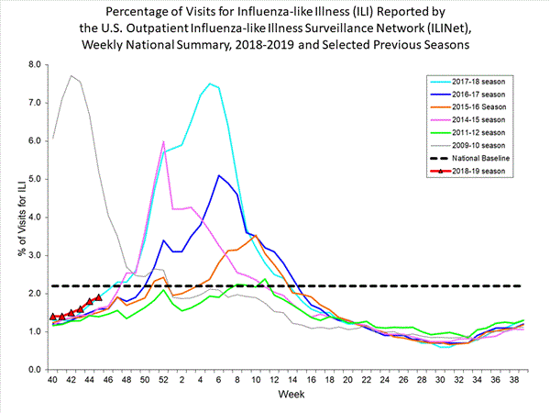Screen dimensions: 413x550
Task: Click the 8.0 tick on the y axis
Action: pyautogui.click(x=36, y=65)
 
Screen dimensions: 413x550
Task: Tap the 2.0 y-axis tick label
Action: pyautogui.click(x=36, y=294)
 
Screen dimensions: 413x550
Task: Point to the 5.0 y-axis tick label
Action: pyautogui.click(x=36, y=179)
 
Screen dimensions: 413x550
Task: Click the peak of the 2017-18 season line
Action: pyautogui.click(x=210, y=84)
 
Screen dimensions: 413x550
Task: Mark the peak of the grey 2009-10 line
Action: pyautogui.click(x=71, y=75)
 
